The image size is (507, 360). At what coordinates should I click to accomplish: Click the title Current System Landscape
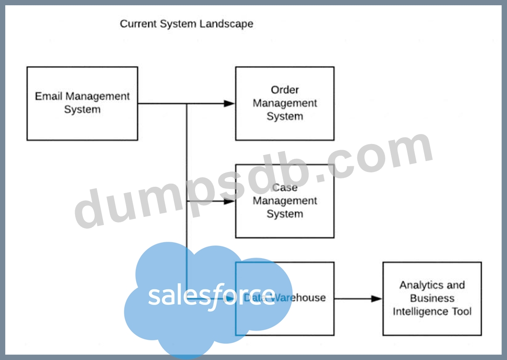pyautogui.click(x=186, y=24)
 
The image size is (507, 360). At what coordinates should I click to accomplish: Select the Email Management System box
pyautogui.click(x=82, y=103)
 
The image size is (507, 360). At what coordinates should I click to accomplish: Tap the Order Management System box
pyautogui.click(x=284, y=103)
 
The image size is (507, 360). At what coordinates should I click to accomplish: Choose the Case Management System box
pyautogui.click(x=284, y=201)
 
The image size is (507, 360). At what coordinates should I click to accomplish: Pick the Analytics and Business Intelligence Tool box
pyautogui.click(x=432, y=298)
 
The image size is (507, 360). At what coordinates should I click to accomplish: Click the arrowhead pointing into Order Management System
pyautogui.click(x=230, y=103)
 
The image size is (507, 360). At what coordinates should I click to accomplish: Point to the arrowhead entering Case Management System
pyautogui.click(x=230, y=202)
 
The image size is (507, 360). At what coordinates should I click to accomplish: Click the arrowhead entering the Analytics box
pyautogui.click(x=377, y=299)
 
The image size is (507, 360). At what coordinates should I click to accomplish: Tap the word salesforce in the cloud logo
pyautogui.click(x=212, y=296)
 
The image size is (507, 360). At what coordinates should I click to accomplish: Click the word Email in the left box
pyautogui.click(x=49, y=96)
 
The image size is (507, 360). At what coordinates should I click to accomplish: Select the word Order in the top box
pyautogui.click(x=285, y=90)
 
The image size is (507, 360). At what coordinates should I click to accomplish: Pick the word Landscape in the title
pyautogui.click(x=226, y=24)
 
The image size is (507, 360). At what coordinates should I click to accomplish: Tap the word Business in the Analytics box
pyautogui.click(x=432, y=298)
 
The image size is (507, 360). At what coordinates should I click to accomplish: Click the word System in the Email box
pyautogui.click(x=82, y=110)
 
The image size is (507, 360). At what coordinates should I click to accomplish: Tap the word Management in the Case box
pyautogui.click(x=285, y=201)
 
